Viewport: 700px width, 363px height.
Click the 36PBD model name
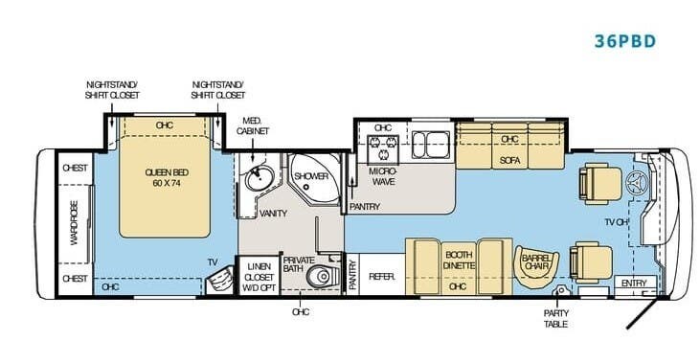pyautogui.click(x=625, y=41)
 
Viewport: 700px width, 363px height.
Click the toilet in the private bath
pyautogui.click(x=320, y=276)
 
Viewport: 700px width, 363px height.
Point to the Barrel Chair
pyautogui.click(x=534, y=262)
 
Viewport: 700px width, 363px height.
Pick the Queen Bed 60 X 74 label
pyautogui.click(x=167, y=177)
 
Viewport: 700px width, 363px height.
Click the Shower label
pyautogui.click(x=311, y=176)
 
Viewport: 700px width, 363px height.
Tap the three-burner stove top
pyautogui.click(x=383, y=147)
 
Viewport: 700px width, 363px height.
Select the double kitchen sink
pyautogui.click(x=430, y=145)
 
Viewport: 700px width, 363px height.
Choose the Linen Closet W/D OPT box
pyautogui.click(x=259, y=275)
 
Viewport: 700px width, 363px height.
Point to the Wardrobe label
pyautogui.click(x=74, y=223)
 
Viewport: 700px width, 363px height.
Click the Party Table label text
pyautogui.click(x=555, y=318)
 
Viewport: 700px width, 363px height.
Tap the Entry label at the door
pyautogui.click(x=634, y=284)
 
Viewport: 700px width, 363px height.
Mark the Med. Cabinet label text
pyautogui.click(x=253, y=125)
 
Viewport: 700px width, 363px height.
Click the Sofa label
pyautogui.click(x=509, y=160)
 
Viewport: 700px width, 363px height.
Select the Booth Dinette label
pyautogui.click(x=459, y=260)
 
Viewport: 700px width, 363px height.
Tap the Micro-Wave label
pyautogui.click(x=383, y=177)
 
